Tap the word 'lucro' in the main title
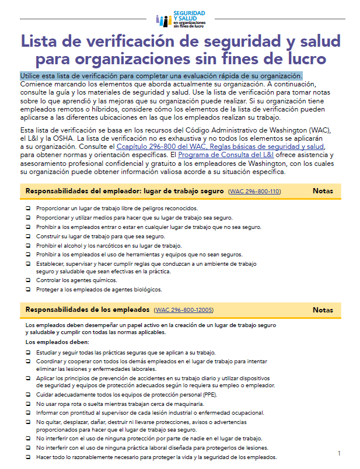coord(303,59)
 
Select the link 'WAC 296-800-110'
coord(254,192)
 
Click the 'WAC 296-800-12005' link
coord(184,310)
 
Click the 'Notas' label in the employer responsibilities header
coord(323,191)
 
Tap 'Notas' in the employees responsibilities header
coord(323,310)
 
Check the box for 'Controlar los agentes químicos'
coord(28,280)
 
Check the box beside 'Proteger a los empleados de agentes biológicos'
coord(28,289)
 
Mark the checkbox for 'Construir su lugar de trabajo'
coord(28,237)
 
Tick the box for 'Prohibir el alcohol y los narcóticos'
coord(28,246)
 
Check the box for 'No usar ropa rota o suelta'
coord(28,404)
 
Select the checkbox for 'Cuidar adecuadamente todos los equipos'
coord(28,395)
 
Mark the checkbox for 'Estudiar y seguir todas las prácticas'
coord(28,352)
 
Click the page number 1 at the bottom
coord(339,453)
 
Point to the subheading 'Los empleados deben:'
coord(57,342)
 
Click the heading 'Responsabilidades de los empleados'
coord(87,310)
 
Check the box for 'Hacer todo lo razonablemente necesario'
coord(28,457)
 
